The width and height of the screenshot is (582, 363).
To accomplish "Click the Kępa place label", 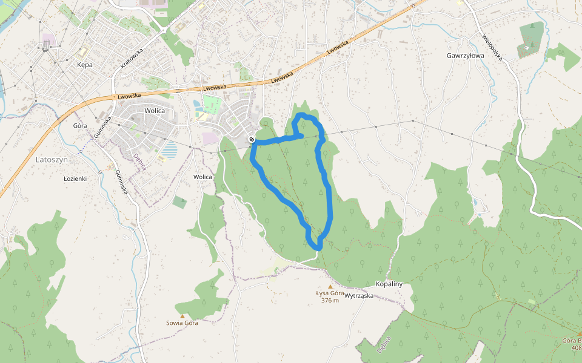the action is [x=85, y=65].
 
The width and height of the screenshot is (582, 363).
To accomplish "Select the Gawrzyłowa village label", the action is [x=465, y=55].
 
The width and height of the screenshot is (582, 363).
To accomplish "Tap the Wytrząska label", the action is [x=359, y=296].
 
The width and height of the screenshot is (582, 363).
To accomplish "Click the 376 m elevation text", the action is [x=330, y=300].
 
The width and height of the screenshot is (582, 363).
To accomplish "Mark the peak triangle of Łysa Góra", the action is [x=330, y=286].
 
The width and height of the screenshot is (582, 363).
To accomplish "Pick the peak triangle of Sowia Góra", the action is [x=182, y=316].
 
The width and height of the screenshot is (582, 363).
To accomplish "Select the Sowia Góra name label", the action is [x=182, y=323].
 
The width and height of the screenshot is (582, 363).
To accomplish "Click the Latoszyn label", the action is [x=52, y=160].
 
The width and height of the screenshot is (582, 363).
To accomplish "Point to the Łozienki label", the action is [x=75, y=179].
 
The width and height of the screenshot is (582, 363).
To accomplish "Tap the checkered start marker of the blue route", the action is [x=252, y=140].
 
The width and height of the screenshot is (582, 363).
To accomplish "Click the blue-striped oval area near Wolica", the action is [x=170, y=149].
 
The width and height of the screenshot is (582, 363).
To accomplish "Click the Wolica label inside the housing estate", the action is [x=155, y=111].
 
